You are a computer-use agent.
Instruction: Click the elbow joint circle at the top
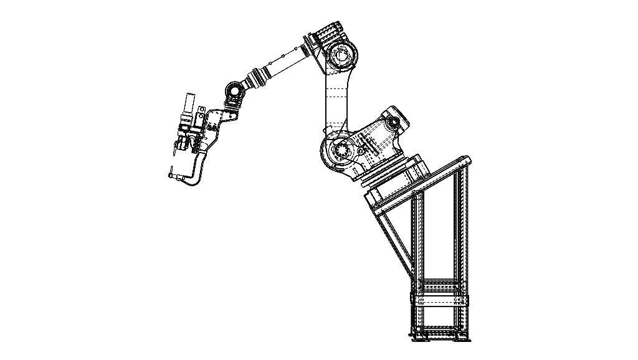[x=341, y=55]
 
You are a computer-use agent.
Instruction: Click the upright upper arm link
[x=337, y=100]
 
